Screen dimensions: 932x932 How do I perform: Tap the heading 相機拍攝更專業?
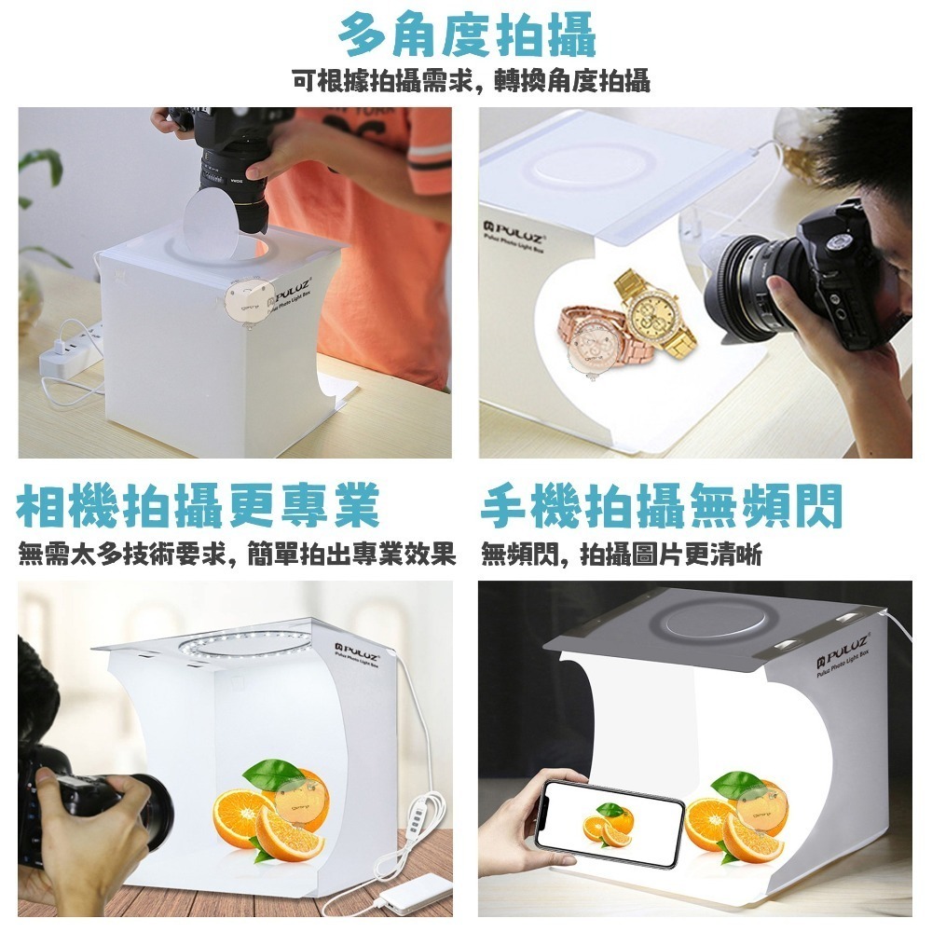tap(199, 508)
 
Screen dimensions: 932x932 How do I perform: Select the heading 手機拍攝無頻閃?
tap(662, 508)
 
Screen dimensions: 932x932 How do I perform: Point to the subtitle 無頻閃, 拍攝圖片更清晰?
tap(622, 556)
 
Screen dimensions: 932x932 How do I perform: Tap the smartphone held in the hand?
tap(610, 823)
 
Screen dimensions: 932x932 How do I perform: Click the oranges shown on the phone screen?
tap(607, 824)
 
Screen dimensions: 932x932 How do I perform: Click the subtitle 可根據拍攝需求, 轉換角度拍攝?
tap(471, 81)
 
